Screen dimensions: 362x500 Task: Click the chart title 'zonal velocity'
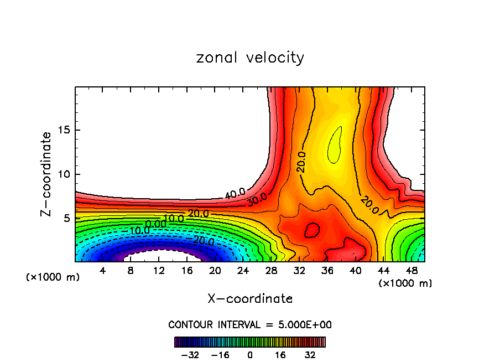tap(250, 58)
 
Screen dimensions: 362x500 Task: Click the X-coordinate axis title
tap(250, 299)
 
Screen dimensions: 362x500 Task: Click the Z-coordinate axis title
tap(46, 174)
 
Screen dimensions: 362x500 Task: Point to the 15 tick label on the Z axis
tap(62, 131)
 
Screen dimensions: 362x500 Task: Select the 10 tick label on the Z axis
tap(62, 174)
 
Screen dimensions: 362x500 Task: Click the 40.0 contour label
tap(235, 193)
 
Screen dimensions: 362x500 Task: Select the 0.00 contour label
tap(156, 224)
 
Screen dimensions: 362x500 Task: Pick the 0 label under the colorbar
tap(250, 355)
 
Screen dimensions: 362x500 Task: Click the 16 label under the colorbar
tap(280, 355)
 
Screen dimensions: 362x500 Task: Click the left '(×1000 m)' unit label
tap(53, 277)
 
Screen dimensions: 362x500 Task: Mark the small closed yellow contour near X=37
tap(334, 145)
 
